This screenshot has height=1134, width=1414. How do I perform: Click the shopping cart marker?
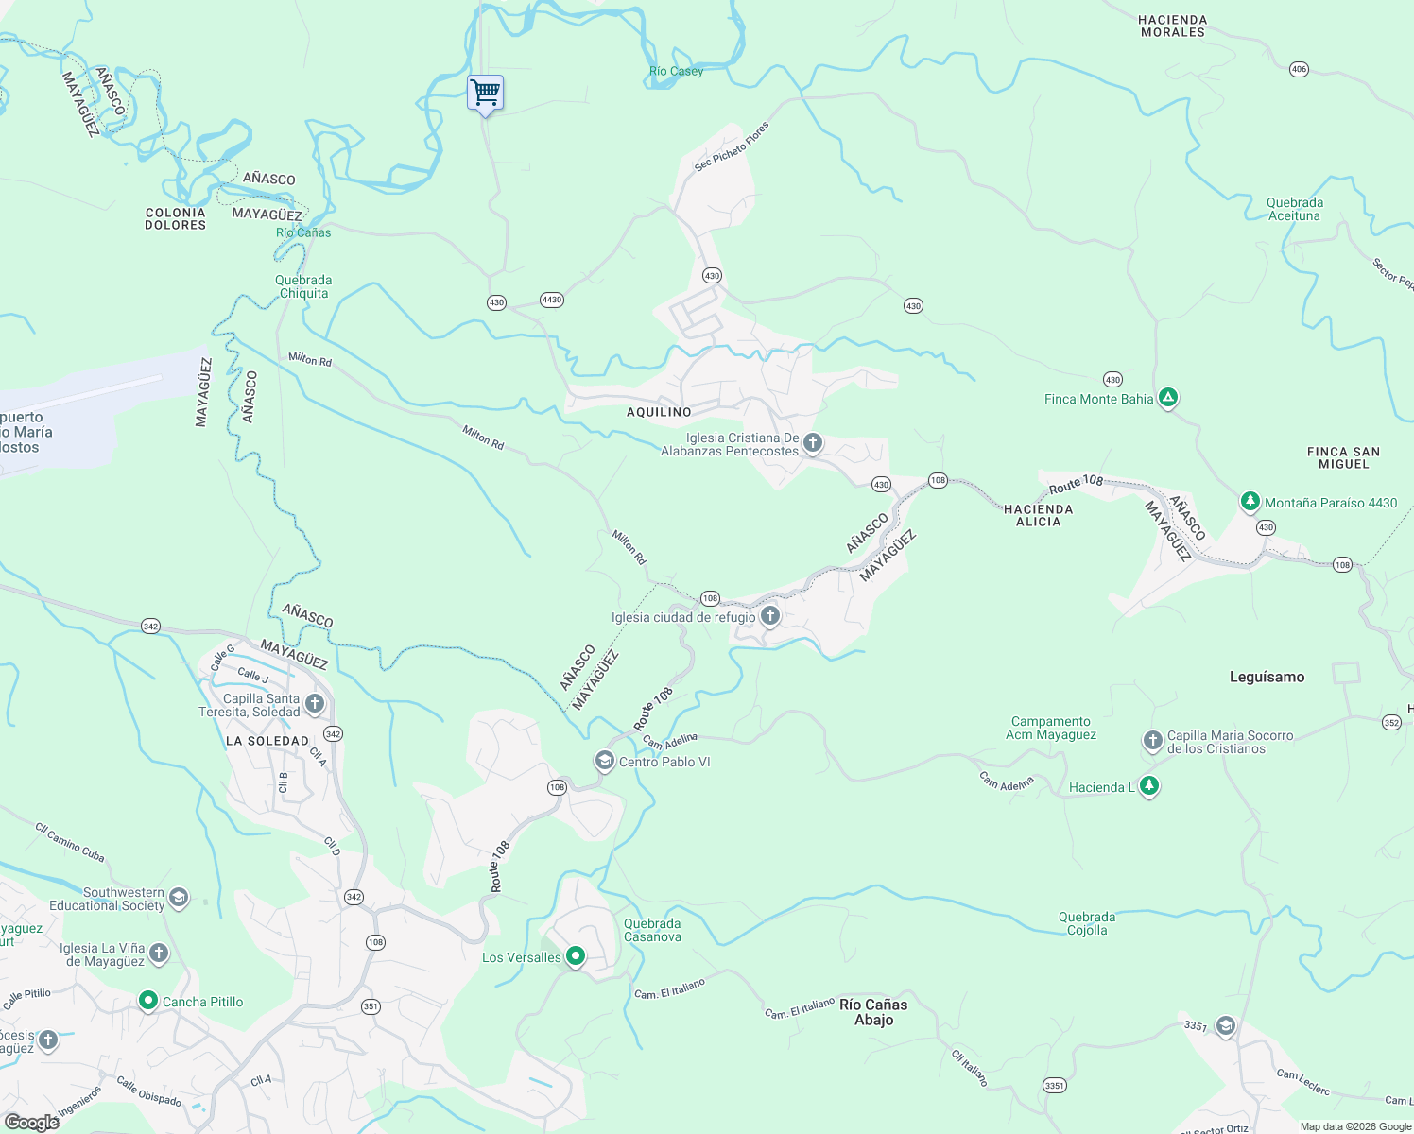click(485, 93)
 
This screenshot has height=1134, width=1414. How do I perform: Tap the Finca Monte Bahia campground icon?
click(1168, 398)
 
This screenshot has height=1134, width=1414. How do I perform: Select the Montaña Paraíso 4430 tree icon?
click(1250, 502)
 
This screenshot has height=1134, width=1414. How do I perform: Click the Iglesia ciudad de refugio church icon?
click(770, 617)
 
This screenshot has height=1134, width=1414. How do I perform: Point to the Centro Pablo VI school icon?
click(603, 761)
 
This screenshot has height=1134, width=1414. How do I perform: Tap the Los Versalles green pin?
click(575, 956)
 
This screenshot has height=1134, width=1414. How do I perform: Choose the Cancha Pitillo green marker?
click(147, 1000)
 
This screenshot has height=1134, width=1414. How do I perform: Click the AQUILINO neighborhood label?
click(659, 412)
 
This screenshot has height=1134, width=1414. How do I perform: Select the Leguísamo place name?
click(1267, 677)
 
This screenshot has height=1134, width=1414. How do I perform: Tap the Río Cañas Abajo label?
click(873, 1012)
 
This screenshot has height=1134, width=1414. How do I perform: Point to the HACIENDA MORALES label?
click(1172, 26)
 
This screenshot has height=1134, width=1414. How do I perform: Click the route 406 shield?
click(1299, 69)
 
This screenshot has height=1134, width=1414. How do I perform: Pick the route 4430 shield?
click(551, 300)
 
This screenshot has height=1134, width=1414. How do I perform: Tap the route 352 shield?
click(1391, 722)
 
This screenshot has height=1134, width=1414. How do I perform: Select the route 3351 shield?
click(1055, 1085)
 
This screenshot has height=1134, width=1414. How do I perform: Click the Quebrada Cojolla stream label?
click(1087, 923)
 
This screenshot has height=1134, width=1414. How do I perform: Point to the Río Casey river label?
click(676, 71)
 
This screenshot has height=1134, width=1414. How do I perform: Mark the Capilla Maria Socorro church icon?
click(1152, 741)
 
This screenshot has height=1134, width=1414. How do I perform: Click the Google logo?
click(32, 1123)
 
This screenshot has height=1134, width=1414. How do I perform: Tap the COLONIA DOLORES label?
click(175, 218)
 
